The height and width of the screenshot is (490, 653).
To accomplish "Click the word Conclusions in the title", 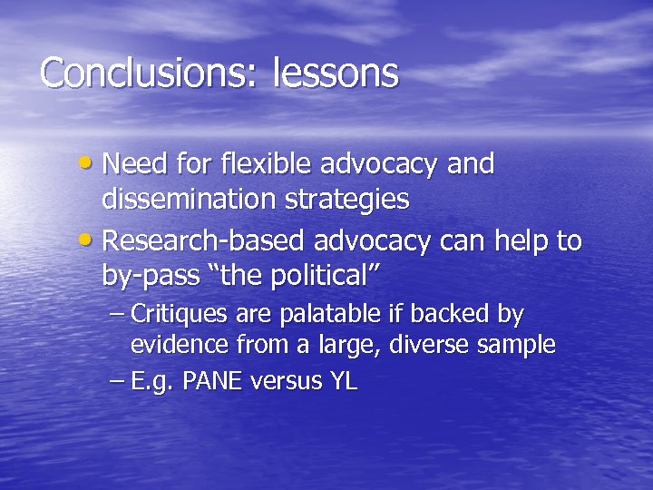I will click(x=150, y=73).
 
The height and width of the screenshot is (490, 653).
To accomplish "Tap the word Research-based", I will click(x=206, y=242).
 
